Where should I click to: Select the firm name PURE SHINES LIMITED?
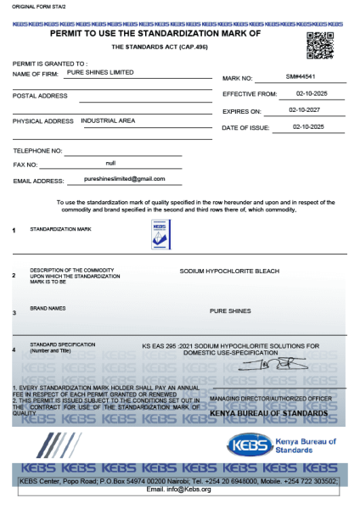point(100,73)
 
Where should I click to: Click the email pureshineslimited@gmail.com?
point(125,179)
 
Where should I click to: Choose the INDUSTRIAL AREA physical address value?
point(108,120)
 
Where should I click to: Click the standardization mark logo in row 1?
point(160,232)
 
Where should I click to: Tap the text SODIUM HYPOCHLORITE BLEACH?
point(229,272)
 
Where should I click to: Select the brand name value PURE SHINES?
point(230,310)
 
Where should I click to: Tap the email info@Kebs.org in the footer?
point(179,489)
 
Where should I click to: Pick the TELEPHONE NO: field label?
point(37,150)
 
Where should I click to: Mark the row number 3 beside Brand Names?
point(14,313)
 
